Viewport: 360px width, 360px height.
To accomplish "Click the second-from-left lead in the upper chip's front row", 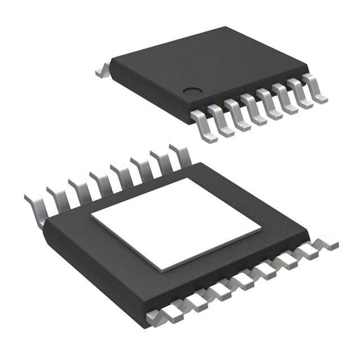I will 222,120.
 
